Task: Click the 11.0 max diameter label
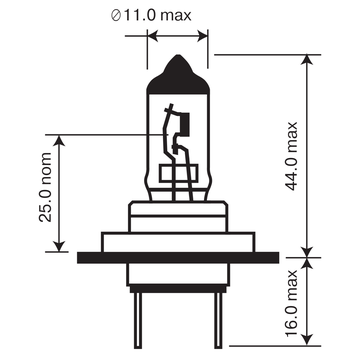[151, 15]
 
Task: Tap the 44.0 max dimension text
[291, 156]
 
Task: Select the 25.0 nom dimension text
[45, 187]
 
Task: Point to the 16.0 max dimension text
[291, 303]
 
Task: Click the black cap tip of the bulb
[178, 75]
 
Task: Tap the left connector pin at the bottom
[138, 321]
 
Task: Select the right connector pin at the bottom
[218, 321]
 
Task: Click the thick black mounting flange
[178, 258]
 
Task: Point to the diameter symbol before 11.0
[116, 16]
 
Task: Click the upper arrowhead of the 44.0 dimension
[307, 60]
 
